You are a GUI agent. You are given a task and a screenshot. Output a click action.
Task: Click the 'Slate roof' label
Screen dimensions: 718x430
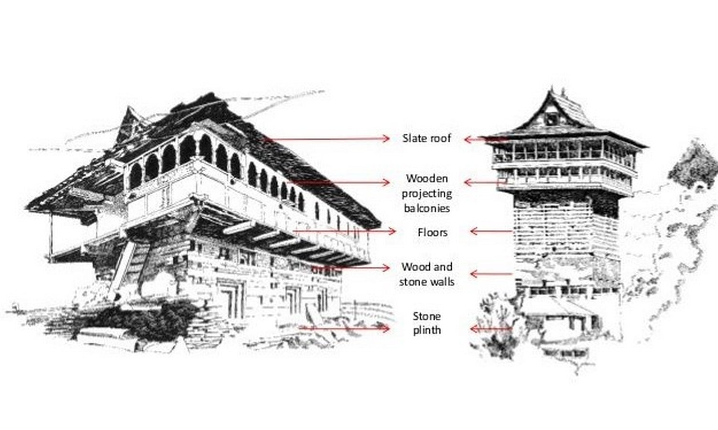(426, 139)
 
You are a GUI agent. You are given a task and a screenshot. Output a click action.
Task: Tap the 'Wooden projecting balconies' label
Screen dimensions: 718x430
(427, 193)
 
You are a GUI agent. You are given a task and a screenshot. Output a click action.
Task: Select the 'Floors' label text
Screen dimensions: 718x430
(433, 232)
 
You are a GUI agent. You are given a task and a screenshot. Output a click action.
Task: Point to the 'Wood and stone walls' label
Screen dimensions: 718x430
(427, 274)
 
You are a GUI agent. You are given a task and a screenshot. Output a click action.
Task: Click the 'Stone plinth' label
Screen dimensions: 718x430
(426, 323)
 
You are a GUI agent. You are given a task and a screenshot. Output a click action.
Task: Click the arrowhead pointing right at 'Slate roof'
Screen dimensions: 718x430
(386, 139)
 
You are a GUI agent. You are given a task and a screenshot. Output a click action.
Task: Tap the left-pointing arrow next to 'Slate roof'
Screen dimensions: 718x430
(484, 140)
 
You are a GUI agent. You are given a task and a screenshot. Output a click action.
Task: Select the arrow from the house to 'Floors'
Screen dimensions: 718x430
(345, 231)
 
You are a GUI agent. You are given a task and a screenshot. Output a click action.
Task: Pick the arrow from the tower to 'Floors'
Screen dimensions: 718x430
(491, 231)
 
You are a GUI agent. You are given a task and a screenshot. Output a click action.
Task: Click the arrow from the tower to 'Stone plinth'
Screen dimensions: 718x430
(491, 329)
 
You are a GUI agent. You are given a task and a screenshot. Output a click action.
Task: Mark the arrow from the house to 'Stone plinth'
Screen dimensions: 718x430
(345, 328)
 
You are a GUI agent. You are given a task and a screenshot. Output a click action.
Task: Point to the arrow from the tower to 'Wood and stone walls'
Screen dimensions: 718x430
(491, 274)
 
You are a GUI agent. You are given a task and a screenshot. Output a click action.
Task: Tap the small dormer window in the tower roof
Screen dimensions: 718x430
(552, 118)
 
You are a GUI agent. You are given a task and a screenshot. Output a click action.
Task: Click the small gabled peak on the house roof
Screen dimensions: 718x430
(130, 123)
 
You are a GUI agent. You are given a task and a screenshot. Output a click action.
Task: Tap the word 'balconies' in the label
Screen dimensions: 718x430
(427, 208)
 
